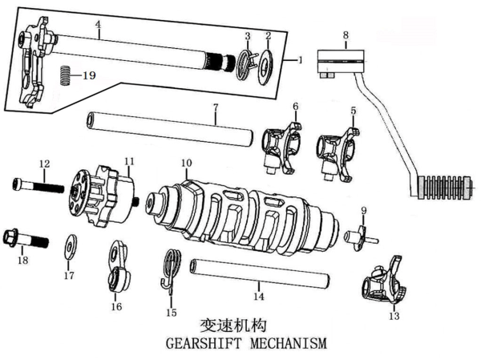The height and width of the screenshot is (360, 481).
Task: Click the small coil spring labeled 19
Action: (65, 75)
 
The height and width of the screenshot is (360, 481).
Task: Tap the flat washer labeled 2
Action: (265, 67)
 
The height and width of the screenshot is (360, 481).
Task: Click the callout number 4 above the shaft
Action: (98, 24)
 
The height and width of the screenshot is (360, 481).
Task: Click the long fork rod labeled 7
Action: (170, 129)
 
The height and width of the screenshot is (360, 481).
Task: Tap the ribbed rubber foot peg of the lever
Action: (444, 186)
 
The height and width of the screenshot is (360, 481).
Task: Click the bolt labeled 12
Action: (38, 186)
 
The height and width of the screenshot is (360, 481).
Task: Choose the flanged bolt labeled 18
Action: (26, 238)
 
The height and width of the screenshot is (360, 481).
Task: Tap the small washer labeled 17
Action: (71, 247)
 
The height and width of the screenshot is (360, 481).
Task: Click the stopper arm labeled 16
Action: (118, 266)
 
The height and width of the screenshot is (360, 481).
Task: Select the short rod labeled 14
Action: (260, 273)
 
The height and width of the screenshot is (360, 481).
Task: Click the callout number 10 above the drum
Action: (187, 163)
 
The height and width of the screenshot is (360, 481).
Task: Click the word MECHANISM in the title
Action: (289, 342)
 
